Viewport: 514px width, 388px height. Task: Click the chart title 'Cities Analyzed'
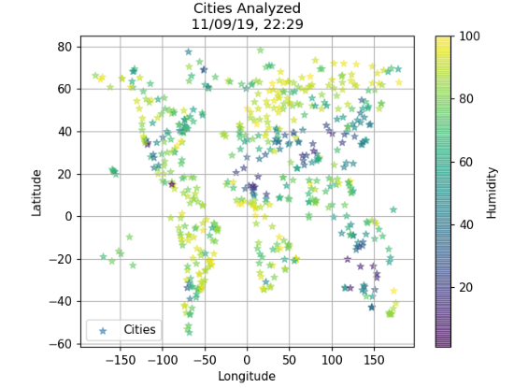coord(247,9)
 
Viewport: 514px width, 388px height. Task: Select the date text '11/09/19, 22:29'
coord(247,24)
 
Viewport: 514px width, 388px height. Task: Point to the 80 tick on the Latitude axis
coord(66,47)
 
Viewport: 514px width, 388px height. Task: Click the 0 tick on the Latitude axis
coord(70,216)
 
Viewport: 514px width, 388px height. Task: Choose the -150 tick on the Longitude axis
coord(120,360)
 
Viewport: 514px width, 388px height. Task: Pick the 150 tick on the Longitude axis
coord(374,360)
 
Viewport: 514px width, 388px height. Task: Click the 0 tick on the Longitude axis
coord(247,360)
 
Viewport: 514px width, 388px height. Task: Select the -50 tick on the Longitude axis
coord(204,360)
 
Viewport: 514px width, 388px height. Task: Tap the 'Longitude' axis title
coord(247,376)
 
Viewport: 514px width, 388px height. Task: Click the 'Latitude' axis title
coord(37,192)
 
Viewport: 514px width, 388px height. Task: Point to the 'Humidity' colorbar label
coord(491,192)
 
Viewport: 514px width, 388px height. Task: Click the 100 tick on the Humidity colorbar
coord(470,36)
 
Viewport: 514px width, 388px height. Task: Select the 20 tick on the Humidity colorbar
coord(467,287)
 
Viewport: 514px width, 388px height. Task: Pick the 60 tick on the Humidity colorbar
coord(467,162)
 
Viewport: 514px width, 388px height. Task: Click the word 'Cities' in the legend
coord(139,330)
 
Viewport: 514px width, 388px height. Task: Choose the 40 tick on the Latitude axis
coord(66,132)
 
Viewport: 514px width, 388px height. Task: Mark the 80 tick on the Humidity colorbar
coord(467,99)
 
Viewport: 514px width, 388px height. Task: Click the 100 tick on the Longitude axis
coord(332,360)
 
